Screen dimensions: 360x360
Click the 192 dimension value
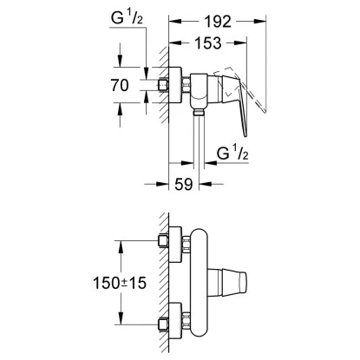(x=218, y=22)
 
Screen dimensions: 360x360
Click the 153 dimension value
(x=208, y=43)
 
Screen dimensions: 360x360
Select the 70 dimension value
(x=120, y=85)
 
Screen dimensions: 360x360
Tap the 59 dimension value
(x=184, y=184)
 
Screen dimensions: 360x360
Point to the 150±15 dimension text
(x=120, y=283)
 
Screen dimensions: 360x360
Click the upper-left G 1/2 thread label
(x=127, y=18)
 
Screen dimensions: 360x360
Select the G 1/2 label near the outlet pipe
(x=232, y=153)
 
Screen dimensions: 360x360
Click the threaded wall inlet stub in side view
(x=163, y=85)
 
